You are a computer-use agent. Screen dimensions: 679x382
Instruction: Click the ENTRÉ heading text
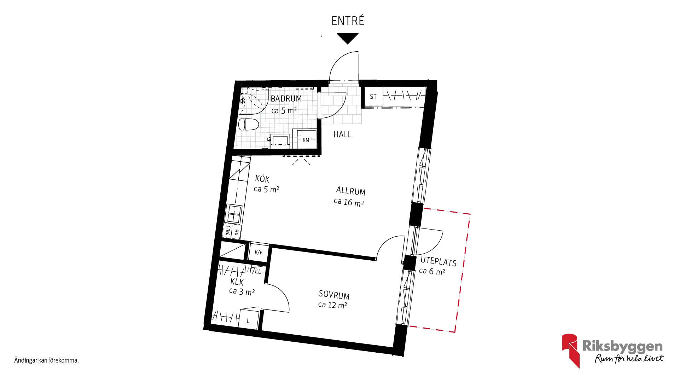point(348,21)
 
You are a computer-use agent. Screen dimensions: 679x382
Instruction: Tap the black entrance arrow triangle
point(348,38)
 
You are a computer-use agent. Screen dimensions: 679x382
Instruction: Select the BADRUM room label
point(286,99)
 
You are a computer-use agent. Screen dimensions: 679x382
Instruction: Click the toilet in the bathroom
point(249,125)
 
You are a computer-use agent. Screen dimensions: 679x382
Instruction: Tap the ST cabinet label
point(373,97)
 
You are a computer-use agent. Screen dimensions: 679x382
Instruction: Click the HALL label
point(342,134)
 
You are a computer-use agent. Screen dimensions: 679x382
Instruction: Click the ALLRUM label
point(350,191)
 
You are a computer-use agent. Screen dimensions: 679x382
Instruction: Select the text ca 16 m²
point(349,202)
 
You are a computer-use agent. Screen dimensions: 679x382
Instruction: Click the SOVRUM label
point(334,295)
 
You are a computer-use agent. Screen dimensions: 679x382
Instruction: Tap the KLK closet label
point(237,282)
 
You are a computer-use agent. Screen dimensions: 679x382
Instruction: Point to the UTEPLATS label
point(439,262)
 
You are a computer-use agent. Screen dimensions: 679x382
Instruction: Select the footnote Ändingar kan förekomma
point(46,361)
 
